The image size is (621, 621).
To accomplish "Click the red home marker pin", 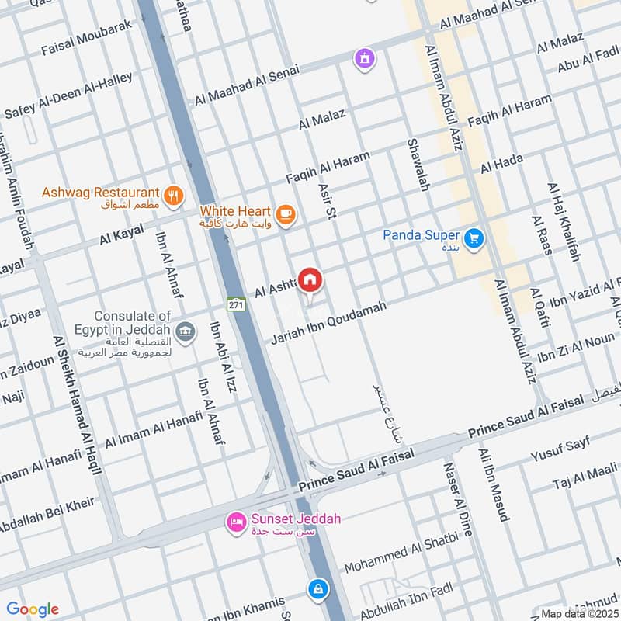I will [310, 280].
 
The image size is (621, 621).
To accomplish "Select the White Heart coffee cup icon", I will [286, 213].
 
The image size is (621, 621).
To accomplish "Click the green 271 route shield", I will [237, 305].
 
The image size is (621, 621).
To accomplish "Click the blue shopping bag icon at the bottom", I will [316, 589].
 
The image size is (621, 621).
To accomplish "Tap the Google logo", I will [33, 609].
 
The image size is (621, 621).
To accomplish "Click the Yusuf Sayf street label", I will [559, 447].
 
